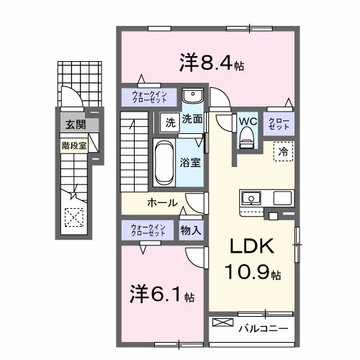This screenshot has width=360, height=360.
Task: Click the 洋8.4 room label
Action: tap(212, 63)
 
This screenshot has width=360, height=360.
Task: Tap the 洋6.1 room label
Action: tap(162, 294)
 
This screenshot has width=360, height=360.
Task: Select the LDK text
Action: tap(252, 246)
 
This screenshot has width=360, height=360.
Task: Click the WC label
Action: tap(248, 122)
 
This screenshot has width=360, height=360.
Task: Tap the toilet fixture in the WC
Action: tap(248, 138)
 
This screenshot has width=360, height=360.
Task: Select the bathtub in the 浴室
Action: tap(164, 163)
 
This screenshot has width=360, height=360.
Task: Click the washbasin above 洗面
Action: tap(193, 96)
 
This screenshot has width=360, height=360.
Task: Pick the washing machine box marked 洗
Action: tap(170, 122)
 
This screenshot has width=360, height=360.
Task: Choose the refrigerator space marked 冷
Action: tap(283, 151)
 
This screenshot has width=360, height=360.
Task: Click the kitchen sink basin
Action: tap(251, 198)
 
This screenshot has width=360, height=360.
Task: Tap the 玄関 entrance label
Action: tap(76, 125)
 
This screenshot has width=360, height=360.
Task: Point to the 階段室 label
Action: tap(74, 145)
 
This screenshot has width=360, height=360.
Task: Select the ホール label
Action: tap(163, 203)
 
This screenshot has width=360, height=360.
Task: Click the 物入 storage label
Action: tap(191, 230)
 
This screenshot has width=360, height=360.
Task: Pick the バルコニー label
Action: tap(264, 328)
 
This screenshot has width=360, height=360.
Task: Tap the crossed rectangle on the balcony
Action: tap(223, 323)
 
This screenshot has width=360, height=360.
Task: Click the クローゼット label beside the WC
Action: tap(279, 124)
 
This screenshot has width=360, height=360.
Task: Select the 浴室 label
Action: tap(190, 163)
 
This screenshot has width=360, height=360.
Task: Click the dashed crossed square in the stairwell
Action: tap(74, 217)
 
